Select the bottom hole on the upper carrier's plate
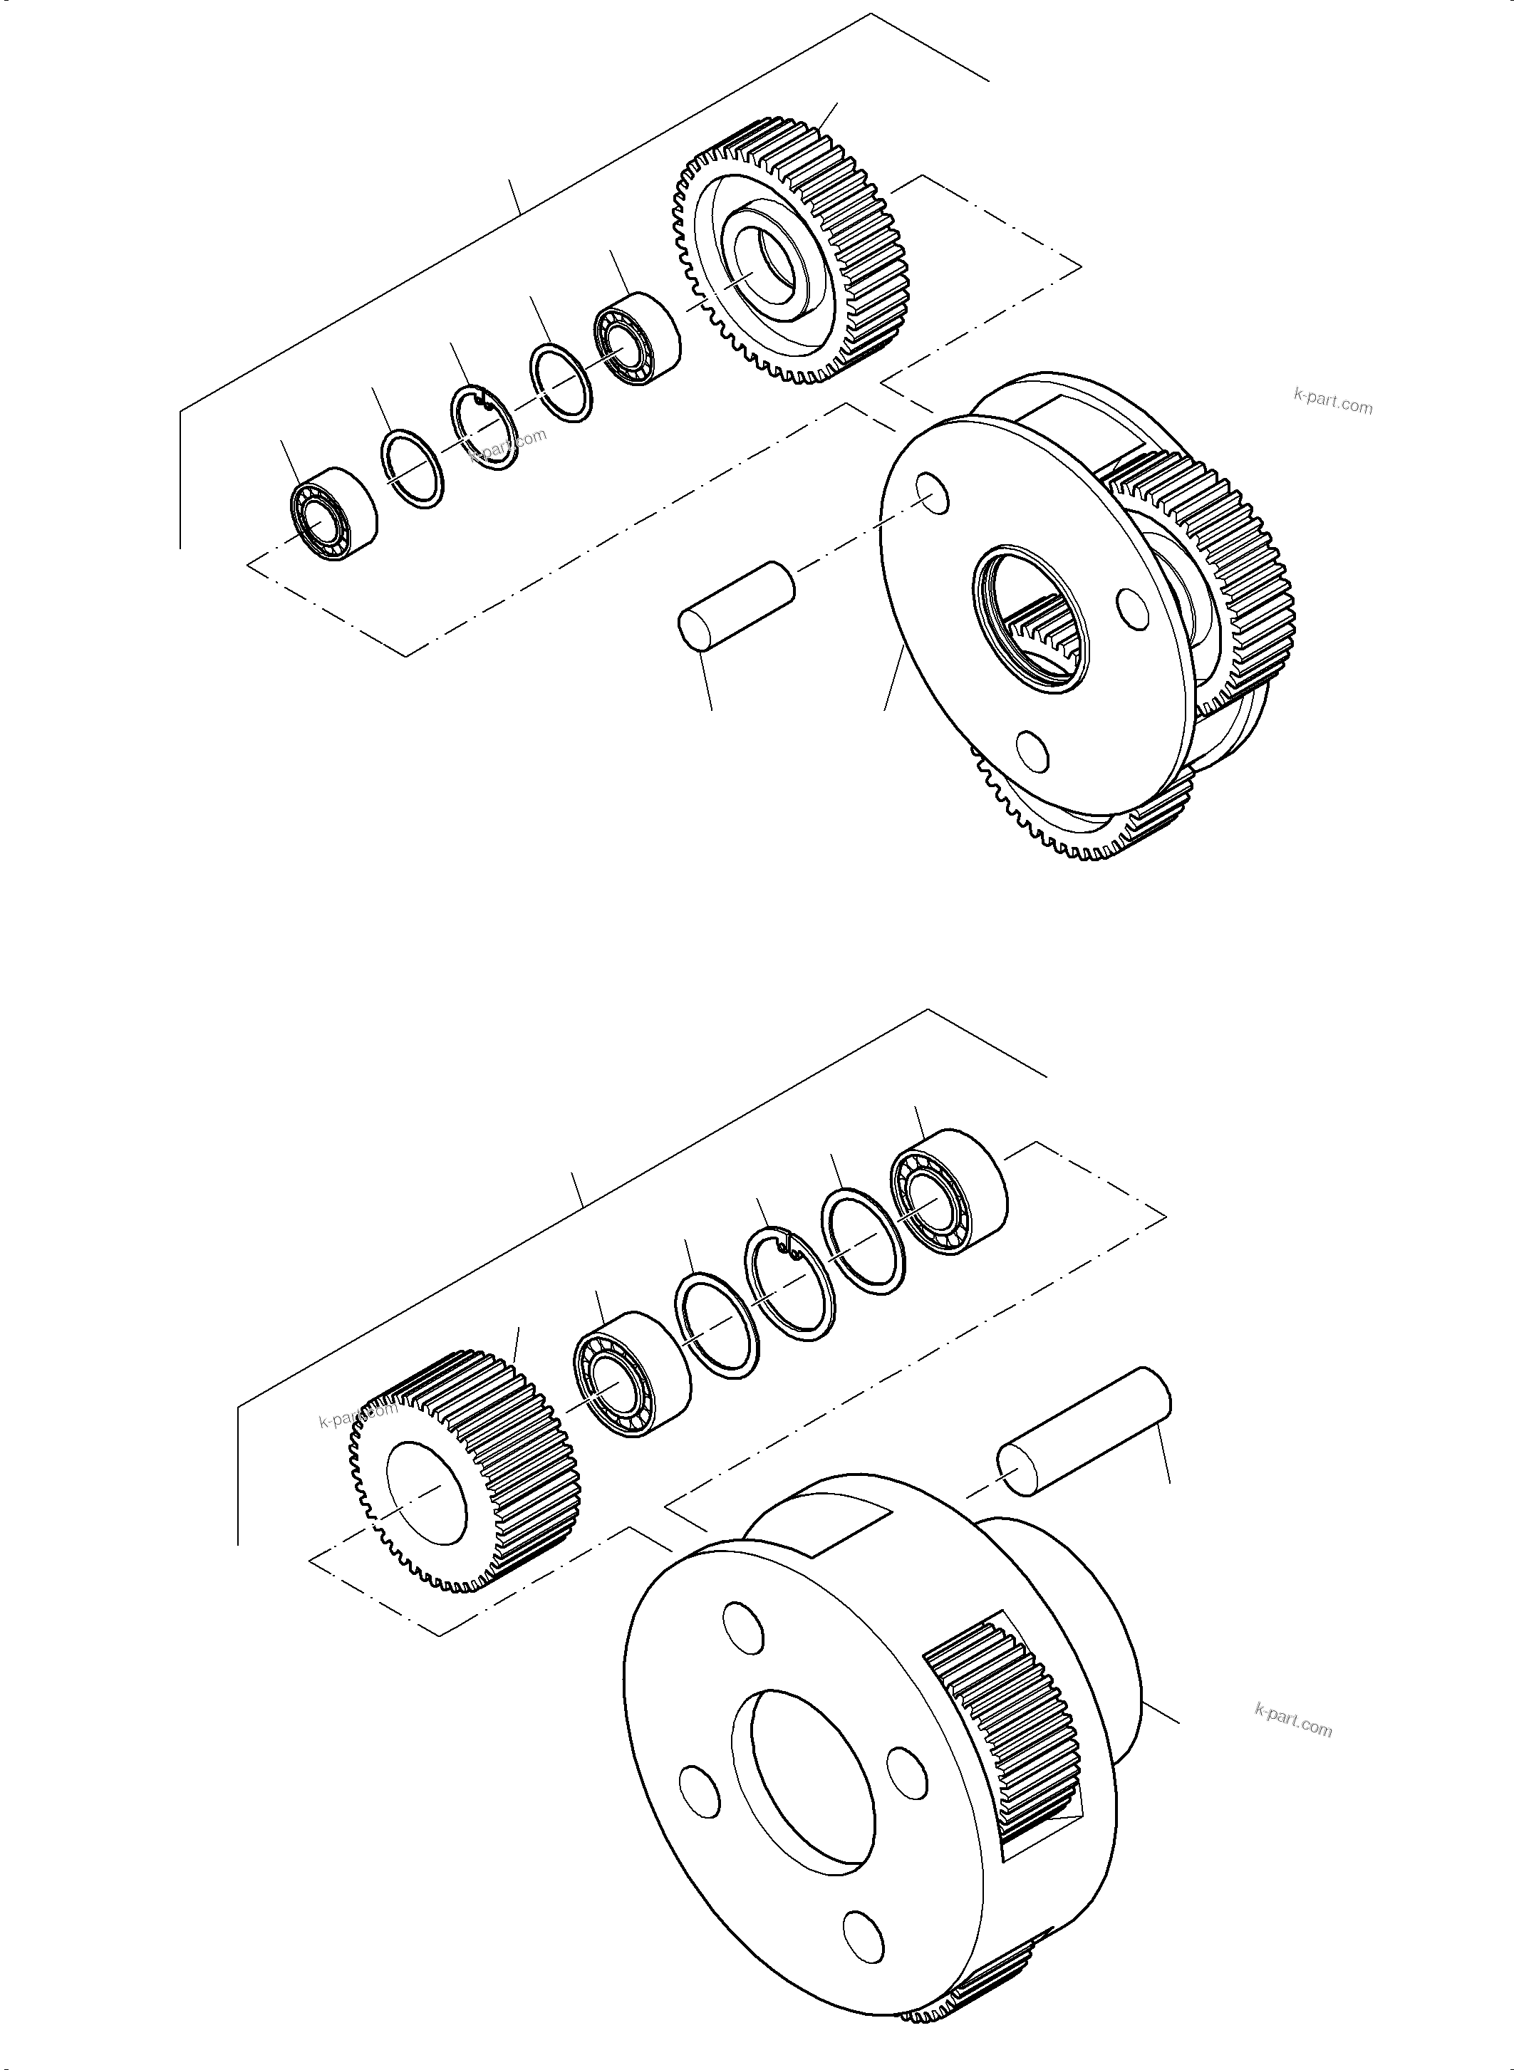point(1033,751)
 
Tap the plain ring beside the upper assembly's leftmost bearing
point(413,467)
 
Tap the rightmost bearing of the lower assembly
point(948,1186)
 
